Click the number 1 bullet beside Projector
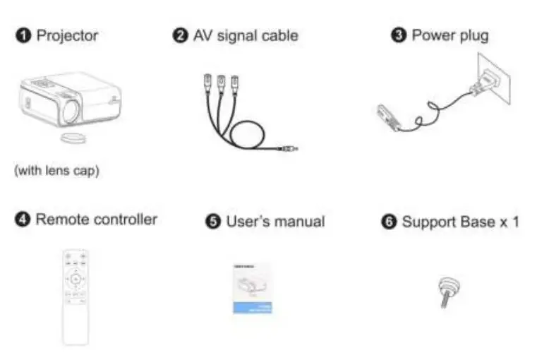(x=23, y=35)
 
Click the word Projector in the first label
(x=67, y=35)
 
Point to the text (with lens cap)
(x=57, y=171)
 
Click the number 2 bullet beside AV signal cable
(x=180, y=35)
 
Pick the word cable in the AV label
(x=279, y=35)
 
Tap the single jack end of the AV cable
(x=291, y=149)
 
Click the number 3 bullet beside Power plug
(x=399, y=35)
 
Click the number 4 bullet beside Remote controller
(x=23, y=220)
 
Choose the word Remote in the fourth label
(x=61, y=220)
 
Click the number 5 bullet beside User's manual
(x=213, y=222)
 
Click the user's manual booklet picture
(x=253, y=288)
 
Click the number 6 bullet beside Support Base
(x=389, y=222)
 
